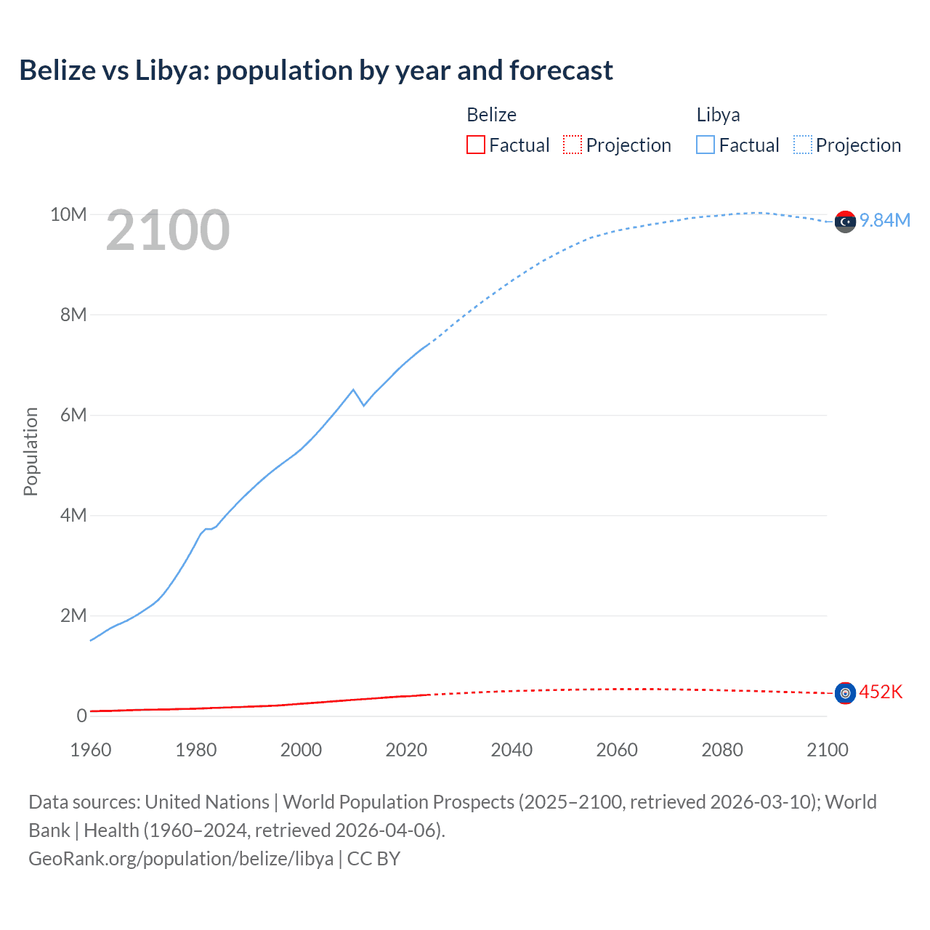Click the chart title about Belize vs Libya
tap(316, 70)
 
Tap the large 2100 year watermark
tap(168, 230)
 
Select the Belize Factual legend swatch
tap(475, 145)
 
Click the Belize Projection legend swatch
tap(573, 145)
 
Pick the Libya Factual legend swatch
tap(705, 145)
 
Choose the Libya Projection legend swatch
tap(802, 145)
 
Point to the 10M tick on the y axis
tap(68, 214)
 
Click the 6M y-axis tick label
tap(73, 415)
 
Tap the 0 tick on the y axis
tap(81, 716)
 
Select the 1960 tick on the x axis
tap(91, 750)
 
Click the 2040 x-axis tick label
tap(511, 750)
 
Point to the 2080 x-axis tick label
tap(722, 750)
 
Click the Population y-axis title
tap(31, 451)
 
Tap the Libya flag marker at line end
tap(845, 222)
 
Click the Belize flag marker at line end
tap(845, 693)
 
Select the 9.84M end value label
tap(885, 220)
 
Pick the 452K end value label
tap(881, 692)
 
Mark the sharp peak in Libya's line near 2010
tap(353, 390)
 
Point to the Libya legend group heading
tap(718, 115)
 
